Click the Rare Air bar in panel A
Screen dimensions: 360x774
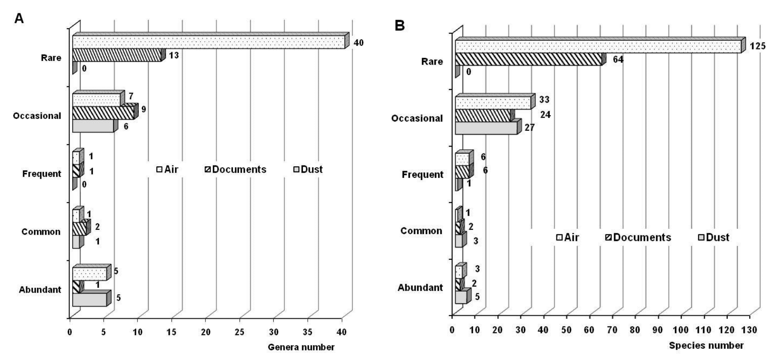[x=208, y=43]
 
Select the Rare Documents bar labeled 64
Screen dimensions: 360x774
[x=529, y=59]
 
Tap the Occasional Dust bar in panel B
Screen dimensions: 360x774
[x=486, y=128]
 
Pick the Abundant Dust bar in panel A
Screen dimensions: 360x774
[x=89, y=299]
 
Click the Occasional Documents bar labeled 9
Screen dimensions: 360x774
[x=103, y=113]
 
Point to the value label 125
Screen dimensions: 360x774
[x=757, y=46]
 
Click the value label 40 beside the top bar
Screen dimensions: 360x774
[x=358, y=43]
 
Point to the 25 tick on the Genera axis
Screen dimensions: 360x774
[x=239, y=332]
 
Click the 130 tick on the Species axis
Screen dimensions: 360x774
[x=750, y=330]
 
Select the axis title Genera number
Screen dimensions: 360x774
[x=301, y=347]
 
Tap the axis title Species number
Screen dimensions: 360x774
[x=706, y=345]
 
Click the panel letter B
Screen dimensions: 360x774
[x=400, y=26]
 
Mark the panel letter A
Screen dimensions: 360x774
[x=19, y=18]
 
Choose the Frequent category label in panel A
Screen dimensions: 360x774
[x=41, y=174]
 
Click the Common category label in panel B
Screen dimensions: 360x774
[x=421, y=231]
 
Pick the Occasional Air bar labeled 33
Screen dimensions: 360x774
[x=493, y=103]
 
